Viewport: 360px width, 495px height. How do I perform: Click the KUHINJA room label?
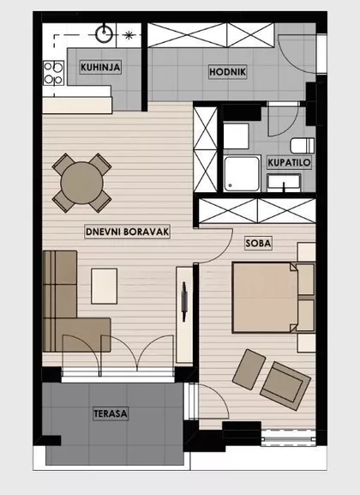[99, 68]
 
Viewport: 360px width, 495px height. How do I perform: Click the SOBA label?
[258, 244]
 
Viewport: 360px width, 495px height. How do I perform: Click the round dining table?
[81, 181]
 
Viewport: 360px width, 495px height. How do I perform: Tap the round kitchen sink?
[105, 35]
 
